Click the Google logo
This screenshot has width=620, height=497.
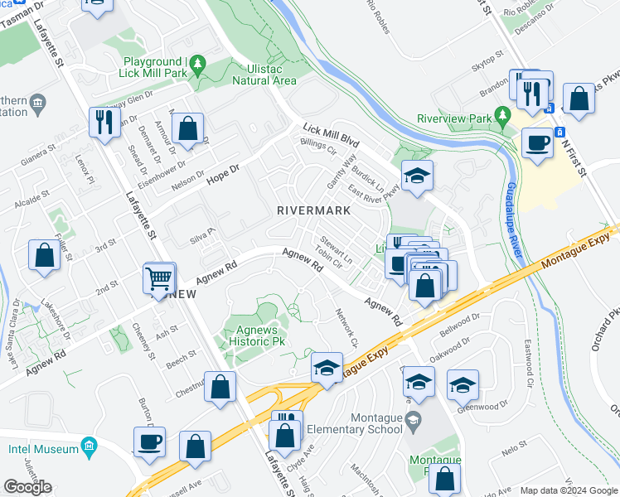coord(27,487)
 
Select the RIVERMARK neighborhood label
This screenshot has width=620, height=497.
coord(313,210)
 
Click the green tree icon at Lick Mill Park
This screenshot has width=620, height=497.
coord(197,63)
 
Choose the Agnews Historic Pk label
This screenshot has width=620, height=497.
coord(256,335)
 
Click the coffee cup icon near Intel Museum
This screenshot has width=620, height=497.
coord(149,442)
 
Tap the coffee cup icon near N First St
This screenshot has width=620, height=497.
coord(536,142)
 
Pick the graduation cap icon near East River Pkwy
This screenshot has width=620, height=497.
coord(417,175)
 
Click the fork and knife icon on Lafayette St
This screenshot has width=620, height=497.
coord(104,123)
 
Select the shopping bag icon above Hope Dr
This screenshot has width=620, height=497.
coord(189,128)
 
